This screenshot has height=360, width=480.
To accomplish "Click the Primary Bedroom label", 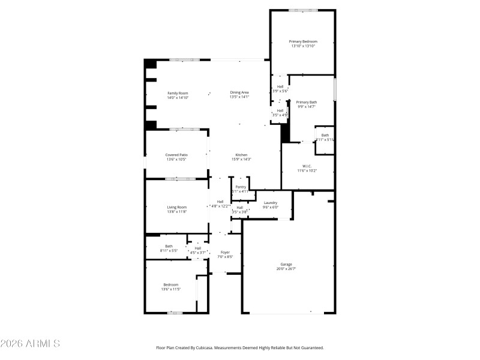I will (x=302, y=41).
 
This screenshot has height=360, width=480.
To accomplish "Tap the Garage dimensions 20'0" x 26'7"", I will (x=286, y=269).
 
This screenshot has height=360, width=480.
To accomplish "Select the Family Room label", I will (x=178, y=93).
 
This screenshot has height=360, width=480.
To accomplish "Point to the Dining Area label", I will (x=239, y=92).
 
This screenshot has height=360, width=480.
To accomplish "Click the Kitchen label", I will (x=241, y=155).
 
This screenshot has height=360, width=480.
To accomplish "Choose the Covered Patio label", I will (x=176, y=155).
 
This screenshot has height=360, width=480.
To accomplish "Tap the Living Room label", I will (x=176, y=207).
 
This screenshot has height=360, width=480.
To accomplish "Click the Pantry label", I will (x=241, y=187).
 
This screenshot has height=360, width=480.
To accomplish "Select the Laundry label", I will (x=271, y=202).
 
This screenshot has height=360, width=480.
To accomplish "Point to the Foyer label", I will (x=225, y=252).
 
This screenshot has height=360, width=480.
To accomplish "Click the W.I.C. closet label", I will (x=306, y=166).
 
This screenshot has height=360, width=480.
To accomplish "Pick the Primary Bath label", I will (x=307, y=103).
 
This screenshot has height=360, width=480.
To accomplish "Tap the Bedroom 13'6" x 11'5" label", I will (x=171, y=284).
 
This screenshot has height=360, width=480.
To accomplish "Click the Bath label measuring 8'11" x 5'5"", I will (x=169, y=245).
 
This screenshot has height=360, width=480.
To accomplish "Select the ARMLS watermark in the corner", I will (x=30, y=344).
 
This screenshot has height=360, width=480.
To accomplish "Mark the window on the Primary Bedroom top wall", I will (x=303, y=10).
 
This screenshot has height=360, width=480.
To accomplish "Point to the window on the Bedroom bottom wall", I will (x=175, y=313).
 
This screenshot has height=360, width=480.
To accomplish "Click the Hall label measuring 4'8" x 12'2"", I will (x=220, y=202).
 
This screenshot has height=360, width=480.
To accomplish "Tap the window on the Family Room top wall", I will (x=181, y=59).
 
